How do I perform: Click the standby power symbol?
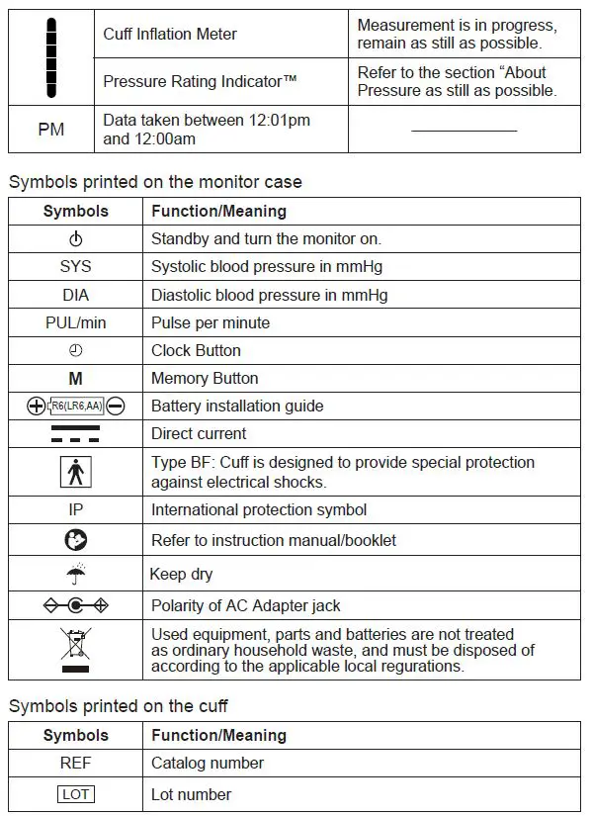76,239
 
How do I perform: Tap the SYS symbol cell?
76,267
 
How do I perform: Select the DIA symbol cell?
76,295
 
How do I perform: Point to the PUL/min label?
76,322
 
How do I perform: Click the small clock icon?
76,350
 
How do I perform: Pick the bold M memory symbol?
76,378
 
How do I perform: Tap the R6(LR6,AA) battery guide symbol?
76,406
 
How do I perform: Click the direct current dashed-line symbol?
76,434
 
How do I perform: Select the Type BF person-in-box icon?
76,471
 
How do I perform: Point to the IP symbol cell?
76,509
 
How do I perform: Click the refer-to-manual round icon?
76,540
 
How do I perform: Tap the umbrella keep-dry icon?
76,573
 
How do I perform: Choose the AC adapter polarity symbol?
76,605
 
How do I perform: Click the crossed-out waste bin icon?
76,649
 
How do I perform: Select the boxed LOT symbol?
76,794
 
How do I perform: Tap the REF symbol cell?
76,763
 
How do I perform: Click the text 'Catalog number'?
208,763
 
